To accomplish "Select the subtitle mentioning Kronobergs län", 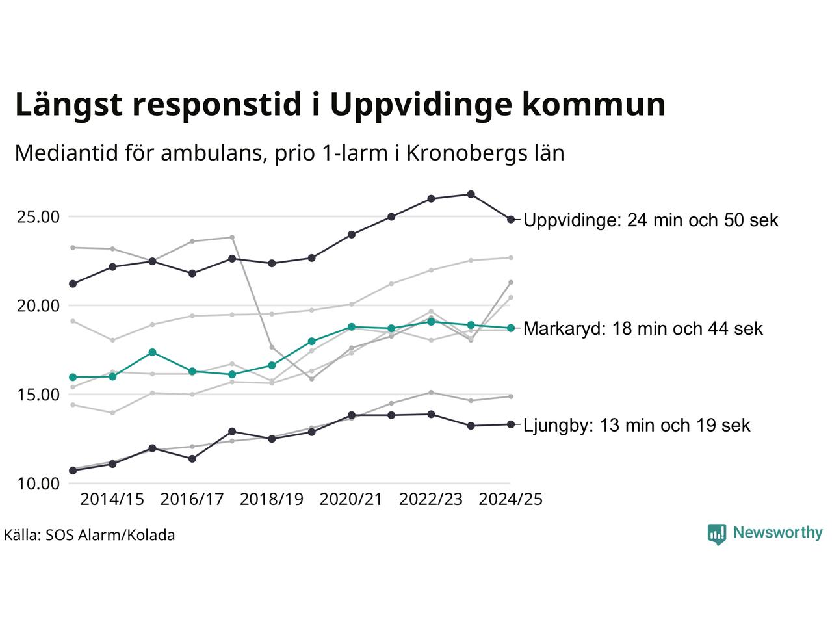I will [289, 153].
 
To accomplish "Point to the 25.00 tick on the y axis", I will [38, 217].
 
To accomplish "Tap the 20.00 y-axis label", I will [38, 306].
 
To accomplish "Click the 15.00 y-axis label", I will [38, 395].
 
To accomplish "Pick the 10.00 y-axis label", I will [38, 484].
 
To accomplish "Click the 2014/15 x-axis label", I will [112, 500].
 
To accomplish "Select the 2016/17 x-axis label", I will [192, 500].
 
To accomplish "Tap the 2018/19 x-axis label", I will [272, 500].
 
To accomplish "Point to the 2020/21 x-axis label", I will [351, 500].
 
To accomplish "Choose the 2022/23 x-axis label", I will [431, 500].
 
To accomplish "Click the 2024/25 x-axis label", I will [510, 500].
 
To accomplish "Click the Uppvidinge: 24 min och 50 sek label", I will [651, 220].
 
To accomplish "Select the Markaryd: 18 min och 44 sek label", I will [643, 329].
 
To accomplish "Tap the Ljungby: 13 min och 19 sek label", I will [636, 426].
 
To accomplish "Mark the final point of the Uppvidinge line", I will [511, 219].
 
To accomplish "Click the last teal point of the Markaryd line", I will [511, 328].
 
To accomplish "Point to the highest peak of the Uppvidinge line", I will [471, 194].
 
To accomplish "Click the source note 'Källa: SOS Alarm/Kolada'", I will [89, 536].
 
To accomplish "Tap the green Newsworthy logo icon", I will [716, 534].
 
